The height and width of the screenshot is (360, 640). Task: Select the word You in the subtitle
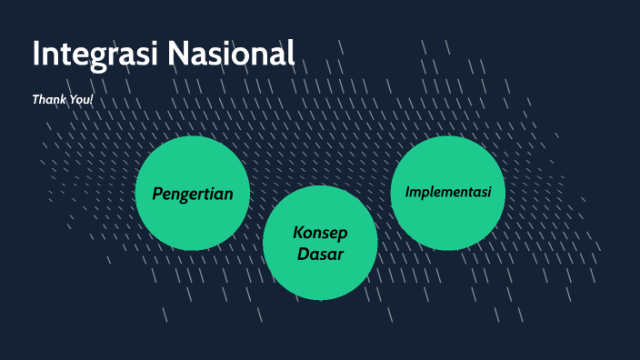(79, 98)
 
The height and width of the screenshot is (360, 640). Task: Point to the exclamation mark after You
(92, 98)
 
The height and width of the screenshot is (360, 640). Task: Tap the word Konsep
(320, 233)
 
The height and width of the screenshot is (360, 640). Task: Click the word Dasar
(320, 255)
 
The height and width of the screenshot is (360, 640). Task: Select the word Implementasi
(448, 192)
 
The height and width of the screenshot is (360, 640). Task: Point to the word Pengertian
(193, 194)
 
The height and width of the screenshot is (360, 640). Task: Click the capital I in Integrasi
(36, 55)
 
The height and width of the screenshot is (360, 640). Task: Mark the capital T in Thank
(35, 98)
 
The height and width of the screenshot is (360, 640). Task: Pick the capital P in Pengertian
(157, 194)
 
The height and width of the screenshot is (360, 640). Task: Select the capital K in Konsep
(298, 233)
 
